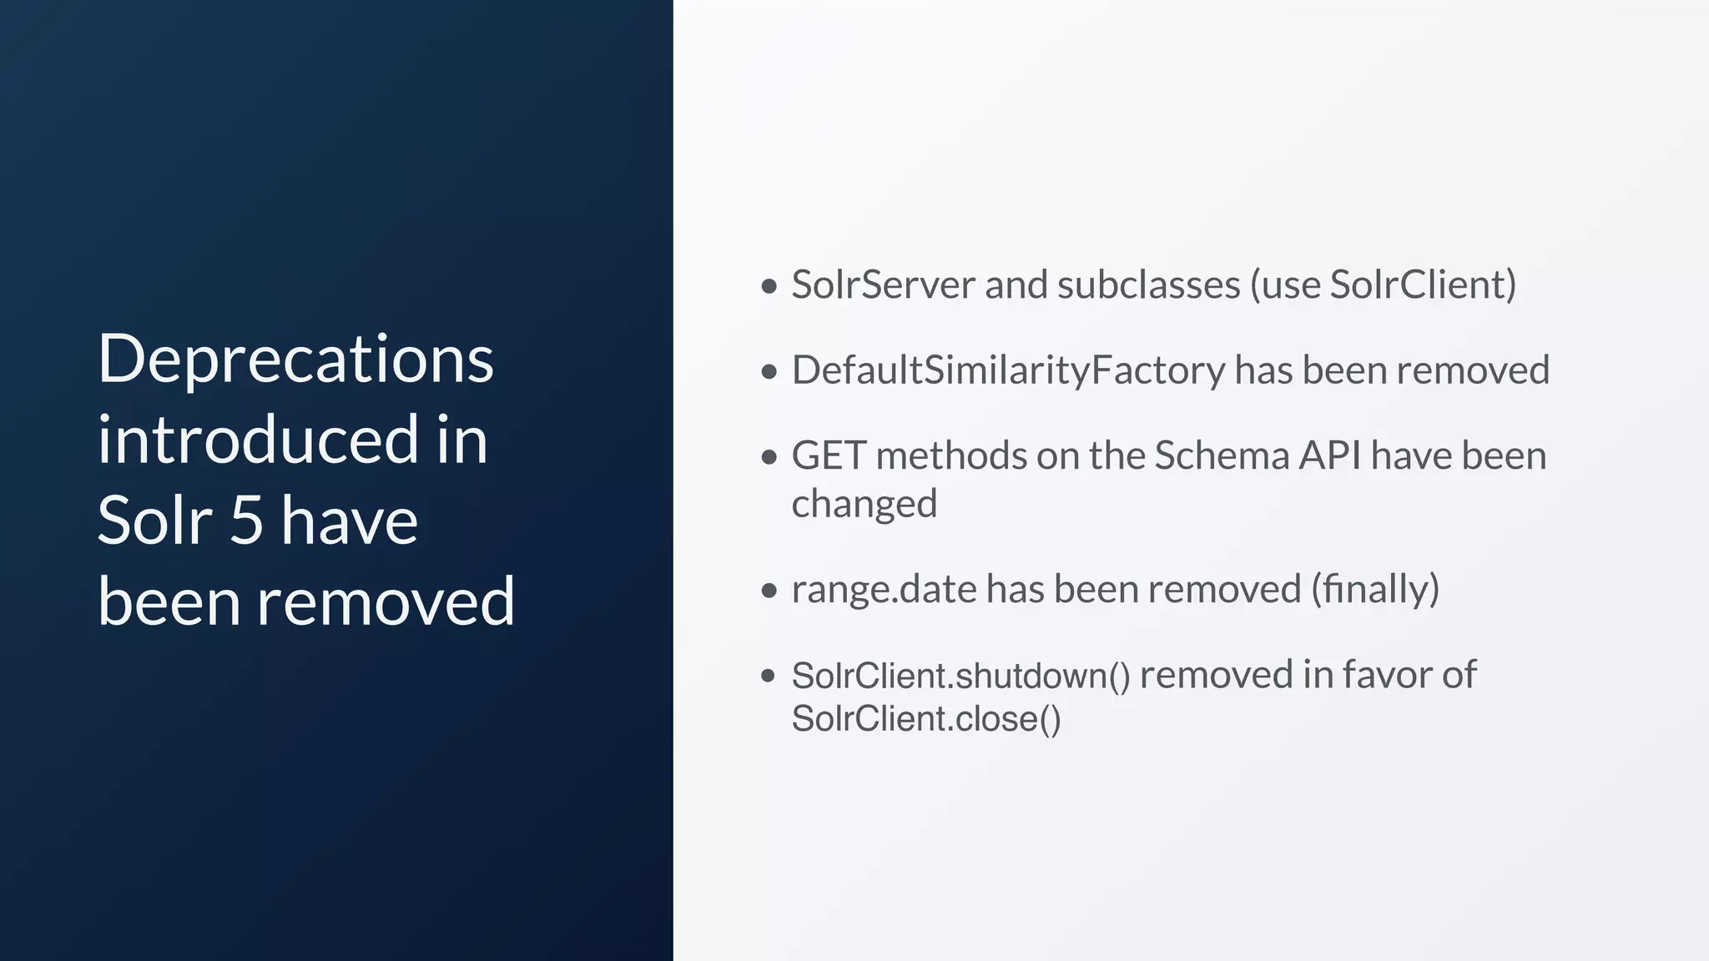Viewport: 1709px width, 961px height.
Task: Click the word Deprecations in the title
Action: [295, 360]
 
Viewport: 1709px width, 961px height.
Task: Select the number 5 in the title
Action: [246, 521]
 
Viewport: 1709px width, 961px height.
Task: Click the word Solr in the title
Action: [155, 521]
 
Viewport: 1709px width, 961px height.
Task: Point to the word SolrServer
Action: [883, 284]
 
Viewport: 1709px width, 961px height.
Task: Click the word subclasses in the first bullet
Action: [1149, 284]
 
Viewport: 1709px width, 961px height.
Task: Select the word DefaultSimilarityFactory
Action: [1008, 370]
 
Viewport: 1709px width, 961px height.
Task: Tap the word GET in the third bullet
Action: [829, 455]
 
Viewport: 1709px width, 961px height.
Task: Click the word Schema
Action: [1222, 455]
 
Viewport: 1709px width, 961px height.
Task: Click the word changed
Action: [865, 504]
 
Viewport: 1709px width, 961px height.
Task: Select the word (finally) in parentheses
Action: [1375, 589]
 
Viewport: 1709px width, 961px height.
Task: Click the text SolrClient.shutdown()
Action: [960, 675]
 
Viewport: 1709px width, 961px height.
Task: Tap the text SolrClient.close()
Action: [926, 719]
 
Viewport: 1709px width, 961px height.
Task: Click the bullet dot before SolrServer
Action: [769, 286]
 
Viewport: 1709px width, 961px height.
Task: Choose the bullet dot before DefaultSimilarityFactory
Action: [769, 372]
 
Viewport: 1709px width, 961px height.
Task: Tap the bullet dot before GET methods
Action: [769, 457]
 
